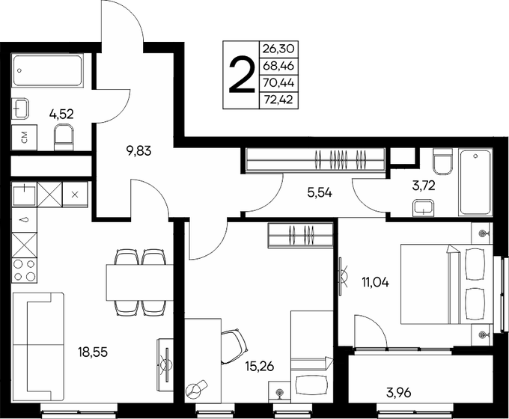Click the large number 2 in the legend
pos(240,76)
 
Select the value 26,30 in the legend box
pos(277,49)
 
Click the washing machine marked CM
pos(25,137)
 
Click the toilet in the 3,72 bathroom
pos(441,162)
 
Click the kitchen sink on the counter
pos(24,194)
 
